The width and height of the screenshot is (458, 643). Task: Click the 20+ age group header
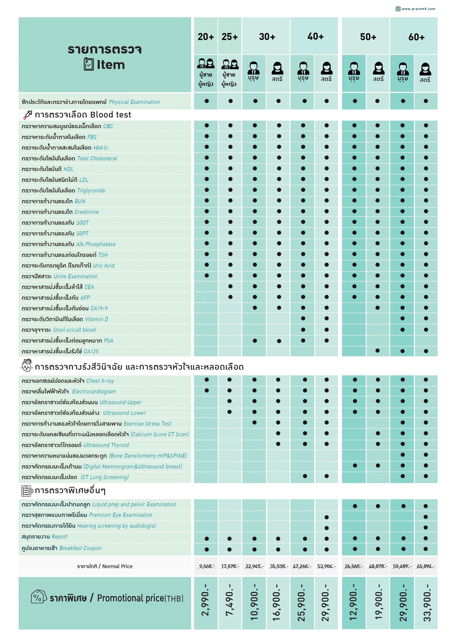(206, 37)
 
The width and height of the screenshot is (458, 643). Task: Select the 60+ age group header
(416, 37)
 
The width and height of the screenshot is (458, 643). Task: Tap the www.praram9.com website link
(418, 9)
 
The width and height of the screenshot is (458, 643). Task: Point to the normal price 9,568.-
(207, 566)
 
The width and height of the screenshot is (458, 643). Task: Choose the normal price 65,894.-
(426, 566)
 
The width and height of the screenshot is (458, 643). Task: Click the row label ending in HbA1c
(65, 148)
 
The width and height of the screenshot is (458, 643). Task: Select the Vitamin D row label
(65, 319)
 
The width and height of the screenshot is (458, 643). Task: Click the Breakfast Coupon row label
(61, 548)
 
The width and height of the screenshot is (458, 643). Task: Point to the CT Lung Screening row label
(75, 477)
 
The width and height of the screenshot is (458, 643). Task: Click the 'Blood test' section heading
(83, 115)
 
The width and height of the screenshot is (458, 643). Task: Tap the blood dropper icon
(28, 115)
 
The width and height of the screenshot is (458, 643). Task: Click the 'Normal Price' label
(105, 566)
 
